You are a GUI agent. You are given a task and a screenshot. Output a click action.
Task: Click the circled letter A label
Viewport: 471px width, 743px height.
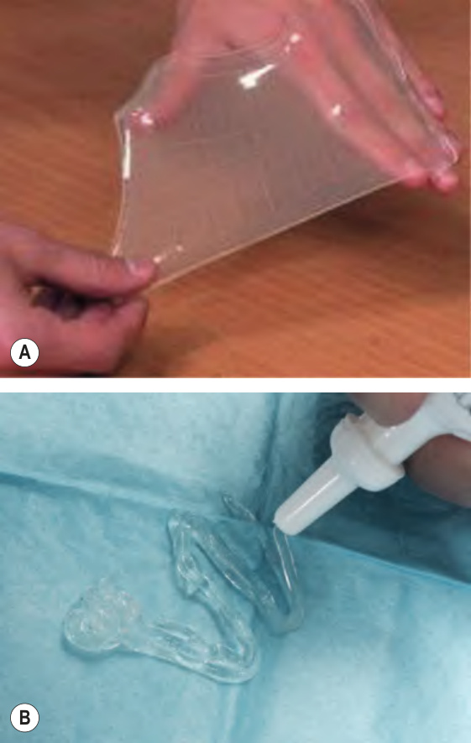(24, 352)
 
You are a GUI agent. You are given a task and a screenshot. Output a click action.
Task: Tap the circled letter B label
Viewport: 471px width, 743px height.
(24, 718)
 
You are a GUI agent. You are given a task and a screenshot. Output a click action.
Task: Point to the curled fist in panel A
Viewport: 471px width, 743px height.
(71, 299)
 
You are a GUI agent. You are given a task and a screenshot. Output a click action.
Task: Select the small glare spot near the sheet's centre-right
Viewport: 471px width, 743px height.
(337, 111)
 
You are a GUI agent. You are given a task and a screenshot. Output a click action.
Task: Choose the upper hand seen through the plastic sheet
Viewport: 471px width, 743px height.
(285, 61)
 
